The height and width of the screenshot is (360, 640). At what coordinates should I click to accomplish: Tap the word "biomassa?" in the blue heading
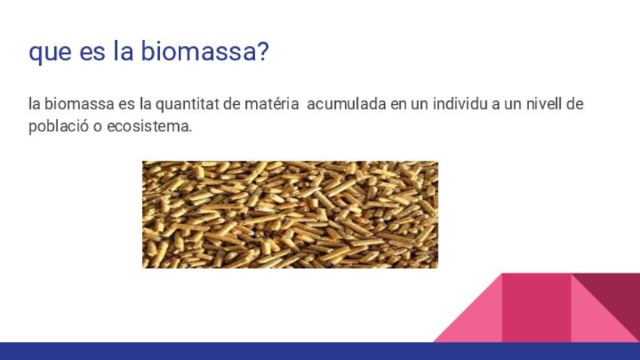[205, 51]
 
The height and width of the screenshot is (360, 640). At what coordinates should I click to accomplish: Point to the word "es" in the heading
[92, 53]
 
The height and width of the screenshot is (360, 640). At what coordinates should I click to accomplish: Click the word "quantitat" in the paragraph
[187, 104]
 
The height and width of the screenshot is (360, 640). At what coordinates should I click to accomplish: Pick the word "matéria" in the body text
[272, 103]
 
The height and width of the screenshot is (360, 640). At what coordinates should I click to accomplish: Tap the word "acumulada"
[346, 103]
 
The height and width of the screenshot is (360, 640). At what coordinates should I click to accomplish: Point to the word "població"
[59, 127]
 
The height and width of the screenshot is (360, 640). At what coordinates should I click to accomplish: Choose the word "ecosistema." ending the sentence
[149, 127]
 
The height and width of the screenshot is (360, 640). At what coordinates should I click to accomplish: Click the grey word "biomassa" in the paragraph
[79, 103]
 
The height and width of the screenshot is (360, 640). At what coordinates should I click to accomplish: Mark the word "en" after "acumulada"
[398, 106]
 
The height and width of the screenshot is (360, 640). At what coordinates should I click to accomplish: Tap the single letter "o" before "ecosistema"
[98, 128]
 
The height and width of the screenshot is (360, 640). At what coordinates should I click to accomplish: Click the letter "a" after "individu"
[496, 106]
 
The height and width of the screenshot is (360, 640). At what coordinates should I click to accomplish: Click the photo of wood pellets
[290, 214]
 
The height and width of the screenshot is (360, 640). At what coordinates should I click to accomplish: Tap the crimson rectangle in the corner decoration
[537, 308]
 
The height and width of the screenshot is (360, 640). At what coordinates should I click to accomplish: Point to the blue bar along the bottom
[320, 351]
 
